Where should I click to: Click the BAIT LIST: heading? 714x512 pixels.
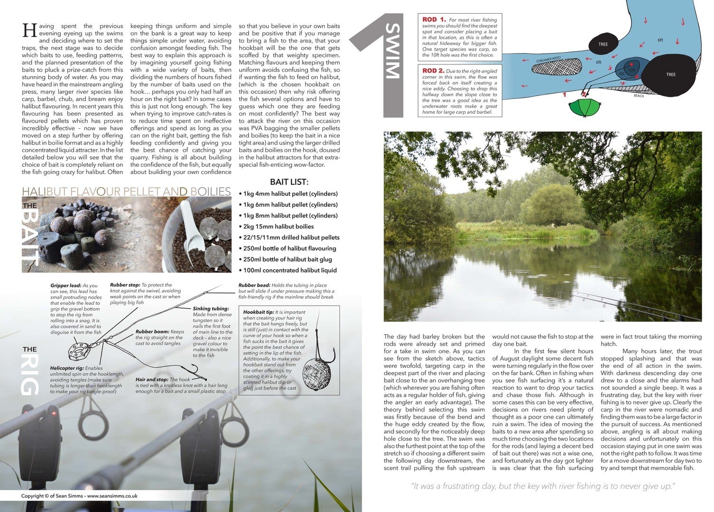click(289, 182)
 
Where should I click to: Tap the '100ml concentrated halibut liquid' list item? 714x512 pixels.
click(289, 270)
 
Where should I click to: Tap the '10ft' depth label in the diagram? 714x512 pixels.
click(631, 70)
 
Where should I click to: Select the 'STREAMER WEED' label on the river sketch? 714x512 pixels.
click(549, 60)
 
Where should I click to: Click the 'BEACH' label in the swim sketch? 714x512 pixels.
click(639, 96)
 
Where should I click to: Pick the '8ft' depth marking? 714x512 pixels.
click(622, 74)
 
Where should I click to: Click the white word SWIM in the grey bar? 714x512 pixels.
click(393, 51)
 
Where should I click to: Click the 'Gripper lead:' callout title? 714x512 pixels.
click(65, 286)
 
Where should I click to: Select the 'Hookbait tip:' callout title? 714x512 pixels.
click(258, 312)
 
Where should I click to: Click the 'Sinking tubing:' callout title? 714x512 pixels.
click(211, 309)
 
